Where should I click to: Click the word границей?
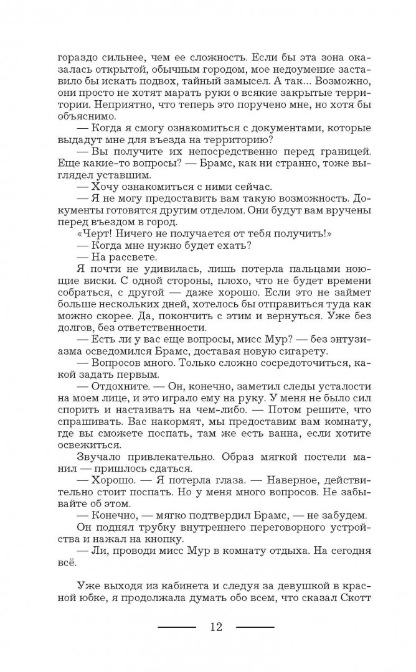329,153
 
